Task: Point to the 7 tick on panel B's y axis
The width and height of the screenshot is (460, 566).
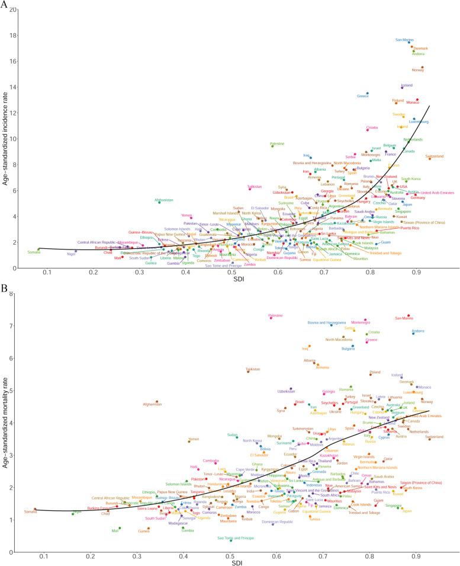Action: tap(15, 326)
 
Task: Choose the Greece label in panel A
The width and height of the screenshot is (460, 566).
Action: tap(363, 96)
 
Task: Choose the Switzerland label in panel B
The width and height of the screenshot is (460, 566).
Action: tap(435, 437)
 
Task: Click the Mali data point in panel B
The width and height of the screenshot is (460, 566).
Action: tap(120, 528)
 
